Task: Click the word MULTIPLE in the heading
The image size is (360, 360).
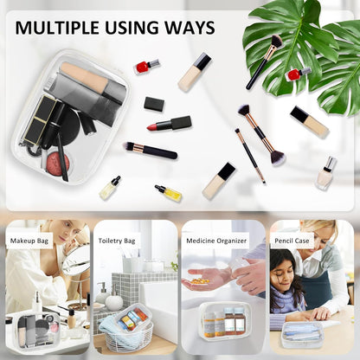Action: pyautogui.click(x=58, y=28)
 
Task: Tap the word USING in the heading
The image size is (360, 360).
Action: pyautogui.click(x=132, y=28)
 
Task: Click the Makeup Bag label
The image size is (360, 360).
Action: pyautogui.click(x=29, y=241)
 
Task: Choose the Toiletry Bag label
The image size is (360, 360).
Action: pyautogui.click(x=117, y=241)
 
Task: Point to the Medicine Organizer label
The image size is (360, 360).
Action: pyautogui.click(x=216, y=241)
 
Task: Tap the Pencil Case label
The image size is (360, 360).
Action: pyautogui.click(x=292, y=241)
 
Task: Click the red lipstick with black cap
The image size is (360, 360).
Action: pyautogui.click(x=170, y=124)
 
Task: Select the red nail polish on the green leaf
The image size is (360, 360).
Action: pyautogui.click(x=298, y=74)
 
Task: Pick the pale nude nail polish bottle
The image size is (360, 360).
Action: pyautogui.click(x=326, y=173)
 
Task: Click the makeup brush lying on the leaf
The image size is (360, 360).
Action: pyautogui.click(x=264, y=61)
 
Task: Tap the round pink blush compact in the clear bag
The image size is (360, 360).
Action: pyautogui.click(x=58, y=164)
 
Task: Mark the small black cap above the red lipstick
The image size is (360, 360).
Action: pyautogui.click(x=154, y=104)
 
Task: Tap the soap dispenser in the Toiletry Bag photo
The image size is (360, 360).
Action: pyautogui.click(x=102, y=293)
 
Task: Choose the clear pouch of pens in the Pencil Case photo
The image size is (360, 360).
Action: pyautogui.click(x=302, y=335)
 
